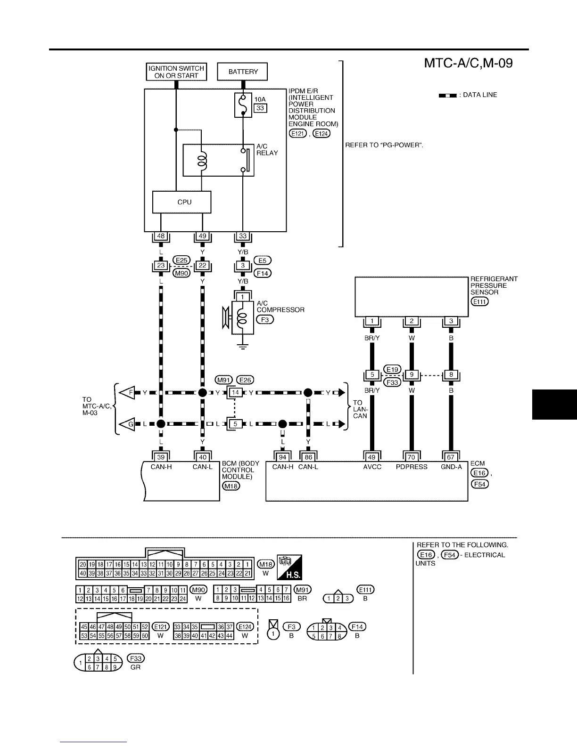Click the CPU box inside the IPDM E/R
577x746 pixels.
pyautogui.click(x=181, y=202)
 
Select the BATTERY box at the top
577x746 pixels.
pyautogui.click(x=242, y=72)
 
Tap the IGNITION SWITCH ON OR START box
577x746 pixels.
pyautogui.click(x=176, y=72)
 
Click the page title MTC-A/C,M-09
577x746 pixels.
pyautogui.click(x=468, y=63)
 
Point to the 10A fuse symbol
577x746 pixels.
pyautogui.click(x=243, y=105)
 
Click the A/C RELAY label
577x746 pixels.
pyautogui.click(x=267, y=150)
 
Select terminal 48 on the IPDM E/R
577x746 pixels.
pyautogui.click(x=161, y=236)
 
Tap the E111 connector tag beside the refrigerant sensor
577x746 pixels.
pyautogui.click(x=479, y=301)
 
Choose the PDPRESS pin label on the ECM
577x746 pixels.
pyautogui.click(x=412, y=467)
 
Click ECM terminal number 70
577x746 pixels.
pyautogui.click(x=412, y=457)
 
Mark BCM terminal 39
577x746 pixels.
pyautogui.click(x=161, y=457)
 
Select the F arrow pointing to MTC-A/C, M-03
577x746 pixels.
pyautogui.click(x=124, y=392)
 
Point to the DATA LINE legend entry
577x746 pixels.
pyautogui.click(x=468, y=95)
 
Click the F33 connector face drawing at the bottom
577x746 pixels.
pyautogui.click(x=99, y=663)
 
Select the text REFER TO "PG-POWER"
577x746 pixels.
pyautogui.click(x=384, y=145)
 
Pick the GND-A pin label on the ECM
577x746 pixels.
pyautogui.click(x=451, y=467)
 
